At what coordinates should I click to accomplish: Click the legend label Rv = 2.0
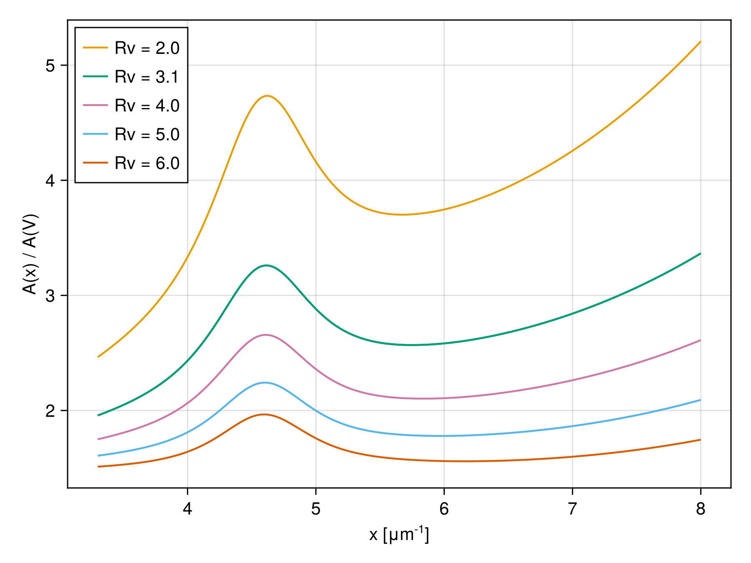[147, 48]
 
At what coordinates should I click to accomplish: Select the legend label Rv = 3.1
[147, 77]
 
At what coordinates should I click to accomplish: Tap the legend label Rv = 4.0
[147, 106]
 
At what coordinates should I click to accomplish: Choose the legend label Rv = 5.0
[147, 135]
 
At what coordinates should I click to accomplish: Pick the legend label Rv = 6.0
[147, 163]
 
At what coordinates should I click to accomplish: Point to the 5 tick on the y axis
[50, 65]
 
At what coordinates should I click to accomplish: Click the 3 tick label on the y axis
[50, 296]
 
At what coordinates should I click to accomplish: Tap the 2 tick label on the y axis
[50, 411]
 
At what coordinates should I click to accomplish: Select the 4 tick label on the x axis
[187, 509]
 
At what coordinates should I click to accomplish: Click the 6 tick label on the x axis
[444, 509]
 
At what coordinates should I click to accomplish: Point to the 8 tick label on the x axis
[701, 509]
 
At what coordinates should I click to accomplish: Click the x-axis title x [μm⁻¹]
[399, 535]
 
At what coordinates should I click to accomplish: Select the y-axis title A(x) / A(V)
[30, 254]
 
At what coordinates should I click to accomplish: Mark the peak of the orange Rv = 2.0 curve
[267, 96]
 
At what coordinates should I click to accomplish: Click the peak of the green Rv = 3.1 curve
[266, 265]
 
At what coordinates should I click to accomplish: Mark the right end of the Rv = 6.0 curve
[701, 440]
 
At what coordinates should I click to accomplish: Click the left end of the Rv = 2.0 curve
[98, 357]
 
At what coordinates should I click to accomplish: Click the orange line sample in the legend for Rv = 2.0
[95, 48]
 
